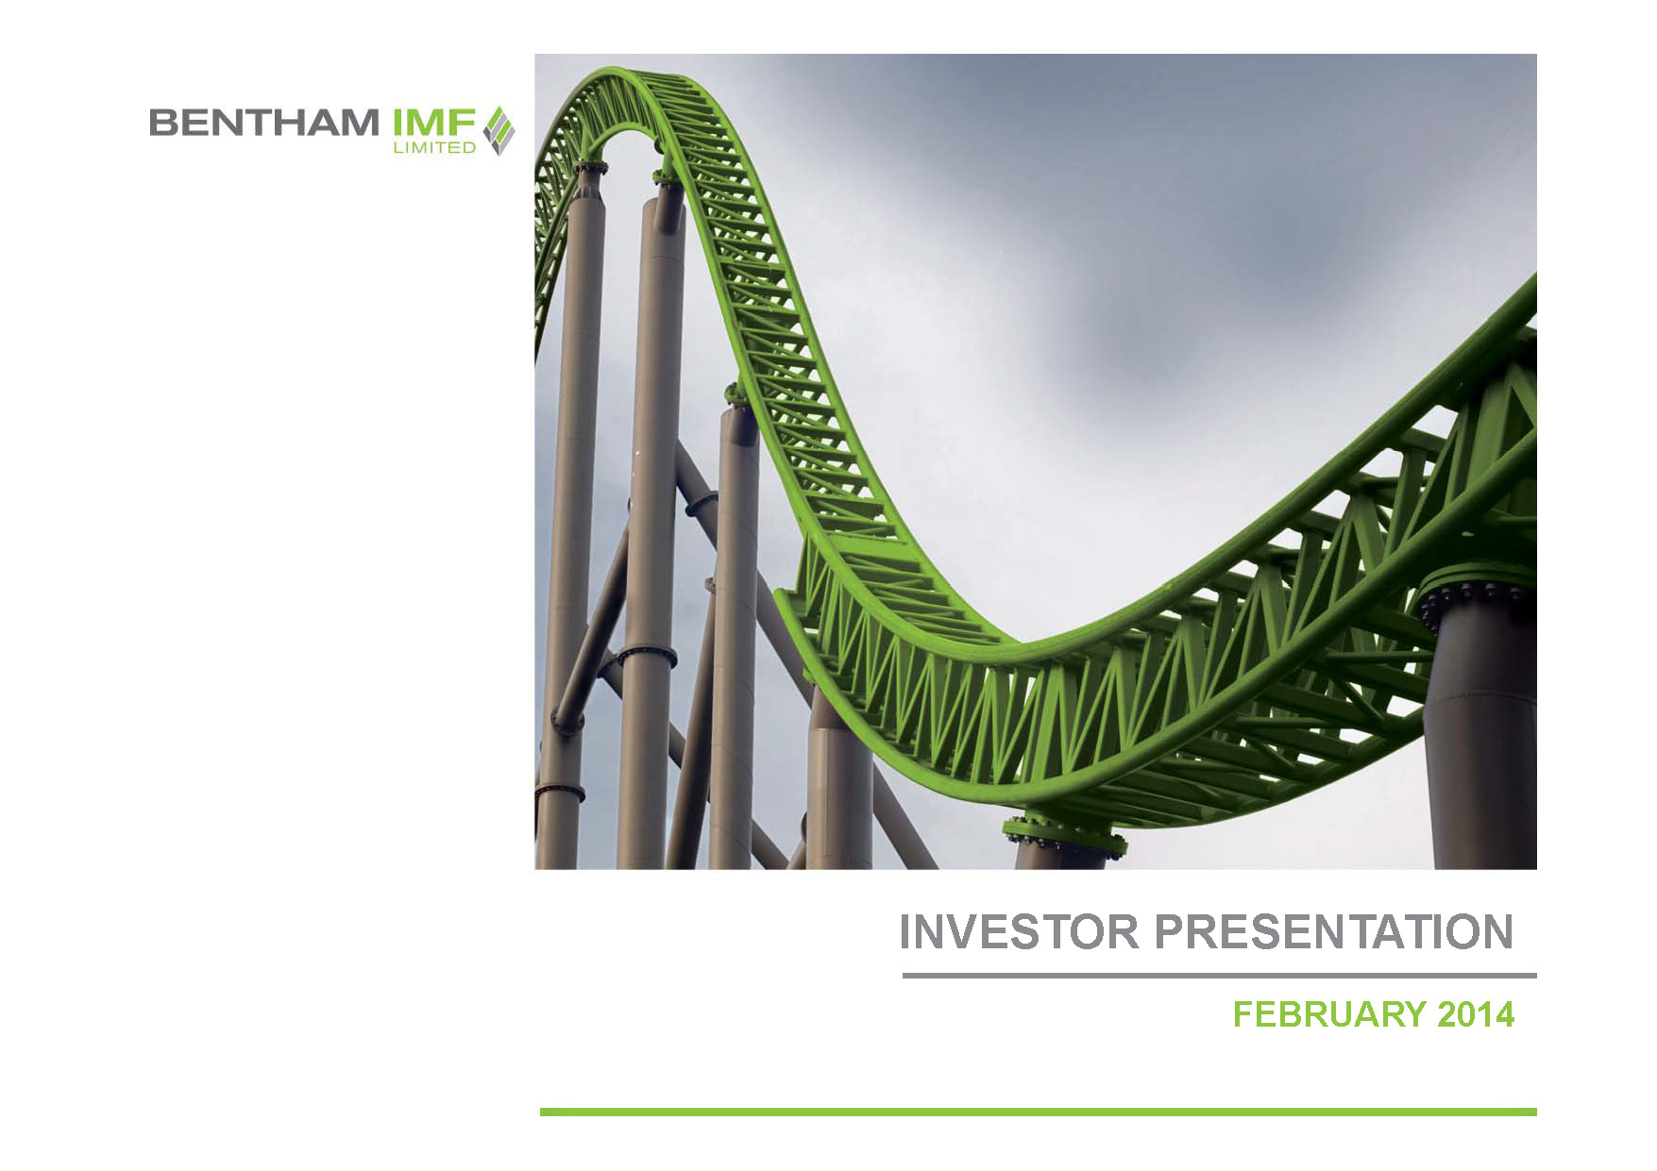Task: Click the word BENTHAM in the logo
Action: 264,123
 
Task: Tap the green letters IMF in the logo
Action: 433,123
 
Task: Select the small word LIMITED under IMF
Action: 434,147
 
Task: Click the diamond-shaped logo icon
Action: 499,130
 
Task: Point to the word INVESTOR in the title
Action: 1020,932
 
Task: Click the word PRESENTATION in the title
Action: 1334,932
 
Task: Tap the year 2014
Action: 1476,1014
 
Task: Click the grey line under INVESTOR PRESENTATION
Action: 1219,976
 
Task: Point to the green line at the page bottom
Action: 1039,1112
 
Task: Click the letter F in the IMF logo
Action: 463,123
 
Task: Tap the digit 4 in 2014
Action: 1504,1014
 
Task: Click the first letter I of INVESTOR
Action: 905,932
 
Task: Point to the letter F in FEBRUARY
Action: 1243,1014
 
